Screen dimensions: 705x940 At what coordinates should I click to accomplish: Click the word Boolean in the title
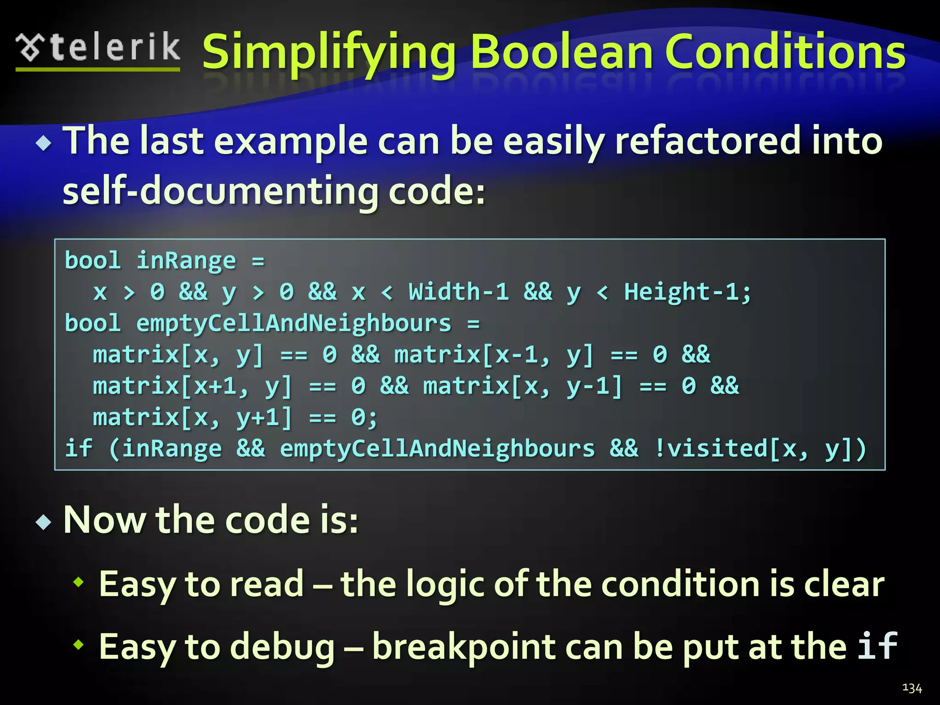(x=561, y=52)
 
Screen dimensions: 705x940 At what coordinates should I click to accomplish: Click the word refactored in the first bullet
(x=707, y=141)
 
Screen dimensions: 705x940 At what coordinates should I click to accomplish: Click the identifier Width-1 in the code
(x=459, y=292)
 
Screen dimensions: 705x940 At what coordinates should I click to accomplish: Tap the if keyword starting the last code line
(x=78, y=448)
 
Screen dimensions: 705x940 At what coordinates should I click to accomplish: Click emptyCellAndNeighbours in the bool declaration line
(x=294, y=324)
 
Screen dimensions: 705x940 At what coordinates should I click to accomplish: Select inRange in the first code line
(x=186, y=261)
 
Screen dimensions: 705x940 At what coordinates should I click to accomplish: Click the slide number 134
(x=912, y=688)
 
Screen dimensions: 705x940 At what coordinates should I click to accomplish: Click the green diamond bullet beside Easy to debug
(x=79, y=645)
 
